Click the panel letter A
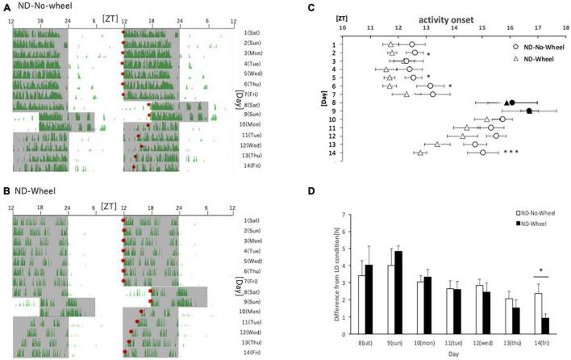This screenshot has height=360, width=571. [x=6, y=8]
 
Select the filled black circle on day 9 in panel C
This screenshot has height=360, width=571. [x=529, y=111]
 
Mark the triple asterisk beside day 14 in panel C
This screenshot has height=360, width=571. [x=510, y=152]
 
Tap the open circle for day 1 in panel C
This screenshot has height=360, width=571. [x=411, y=44]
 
